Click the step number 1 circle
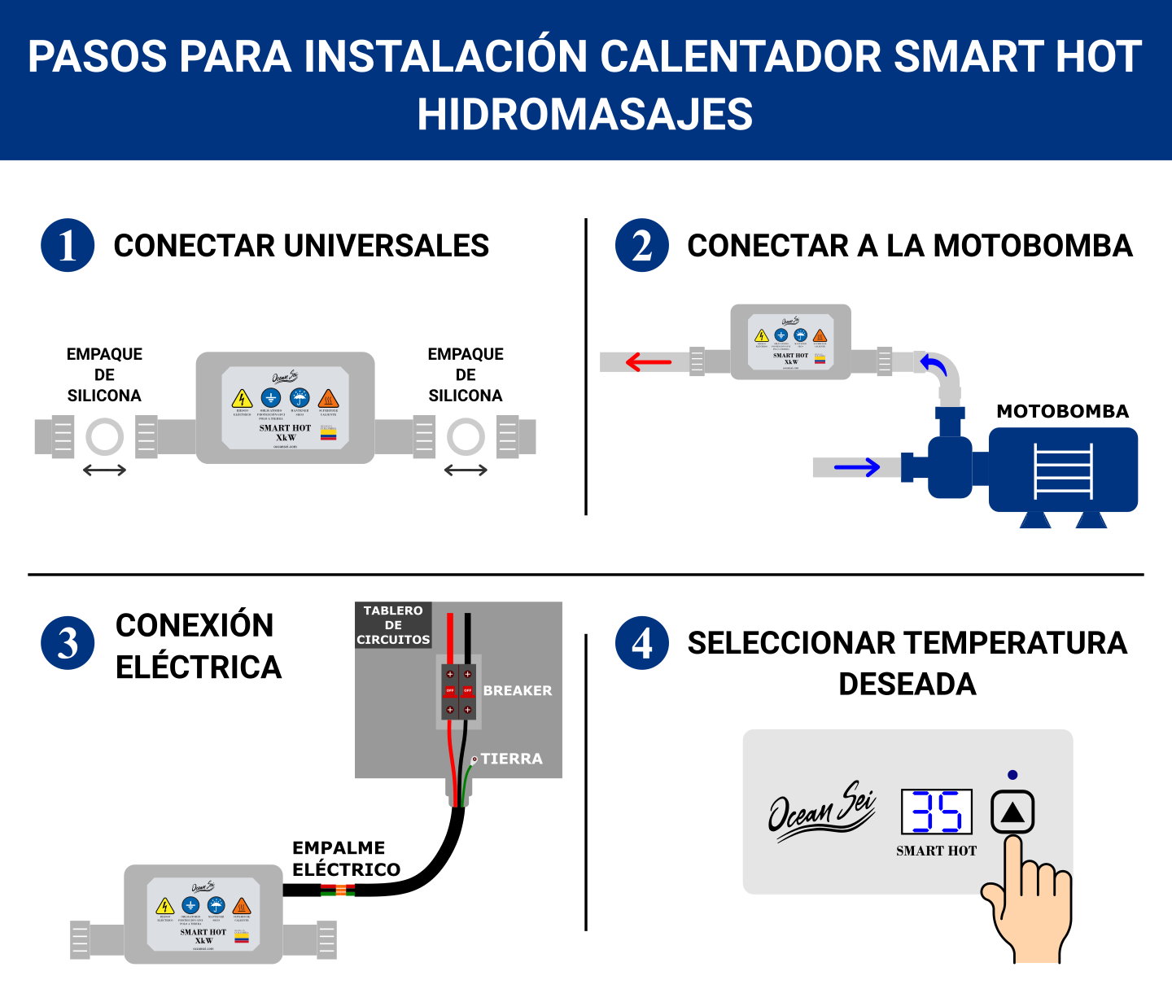68,246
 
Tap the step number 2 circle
641,246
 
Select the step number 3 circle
68,643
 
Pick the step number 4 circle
641,643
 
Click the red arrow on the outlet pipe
649,361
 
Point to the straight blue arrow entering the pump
857,467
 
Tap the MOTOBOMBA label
1062,412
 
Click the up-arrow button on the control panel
1012,812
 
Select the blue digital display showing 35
937,812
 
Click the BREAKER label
518,690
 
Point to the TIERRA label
511,759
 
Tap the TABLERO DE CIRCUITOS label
393,625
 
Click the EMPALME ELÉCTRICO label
346,859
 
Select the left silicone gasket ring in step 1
104,437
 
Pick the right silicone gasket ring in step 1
466,437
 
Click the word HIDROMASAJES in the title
585,114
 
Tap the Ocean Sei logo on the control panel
821,810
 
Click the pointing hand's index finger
1013,863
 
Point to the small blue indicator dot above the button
1012,775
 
